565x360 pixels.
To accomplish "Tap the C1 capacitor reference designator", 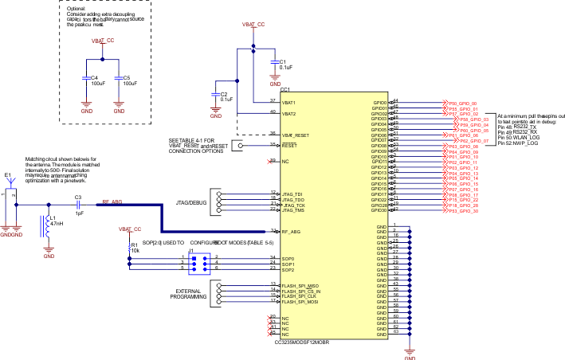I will point(281,61).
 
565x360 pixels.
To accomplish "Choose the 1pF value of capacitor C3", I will point(78,213).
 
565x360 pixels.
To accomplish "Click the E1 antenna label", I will point(7,174).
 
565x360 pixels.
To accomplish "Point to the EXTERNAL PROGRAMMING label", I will point(189,293).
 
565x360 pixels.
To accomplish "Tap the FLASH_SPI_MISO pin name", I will point(300,285).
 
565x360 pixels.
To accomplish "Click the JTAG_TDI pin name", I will point(292,194).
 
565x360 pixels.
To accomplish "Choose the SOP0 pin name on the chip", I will point(288,258).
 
